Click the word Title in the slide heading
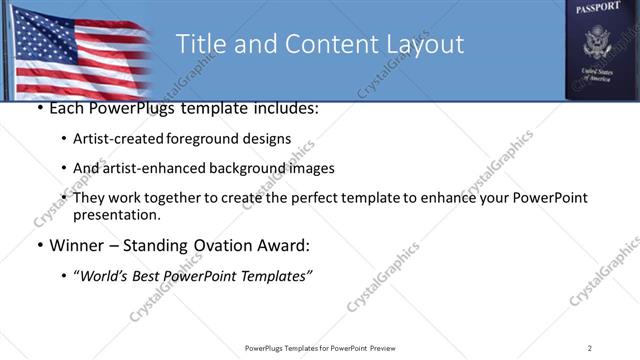pos(201,45)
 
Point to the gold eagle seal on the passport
pos(598,42)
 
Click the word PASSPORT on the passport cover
pos(598,7)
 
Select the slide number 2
pos(590,348)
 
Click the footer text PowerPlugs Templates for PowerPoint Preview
pos(319,348)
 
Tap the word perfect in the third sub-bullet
pos(302,198)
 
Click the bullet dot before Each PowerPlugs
pos(38,107)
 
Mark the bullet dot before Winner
pos(38,245)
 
